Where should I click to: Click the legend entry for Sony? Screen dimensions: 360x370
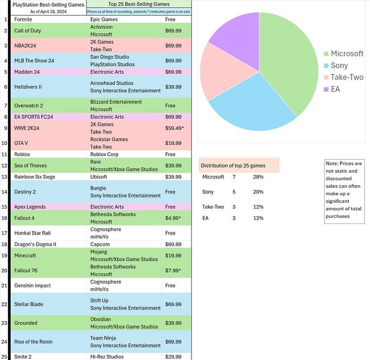[x=339, y=65]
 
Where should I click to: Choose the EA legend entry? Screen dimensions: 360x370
[x=335, y=88]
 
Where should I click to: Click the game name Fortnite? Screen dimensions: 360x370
[x=26, y=19]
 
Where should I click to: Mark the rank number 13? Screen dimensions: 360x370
[x=5, y=177]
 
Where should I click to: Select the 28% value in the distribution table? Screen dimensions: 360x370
[x=259, y=177]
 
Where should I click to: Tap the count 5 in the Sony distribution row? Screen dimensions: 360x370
[x=234, y=192]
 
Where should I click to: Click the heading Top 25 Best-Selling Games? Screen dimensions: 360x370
[x=138, y=4]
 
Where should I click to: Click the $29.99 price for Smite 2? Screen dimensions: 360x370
[x=173, y=357]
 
